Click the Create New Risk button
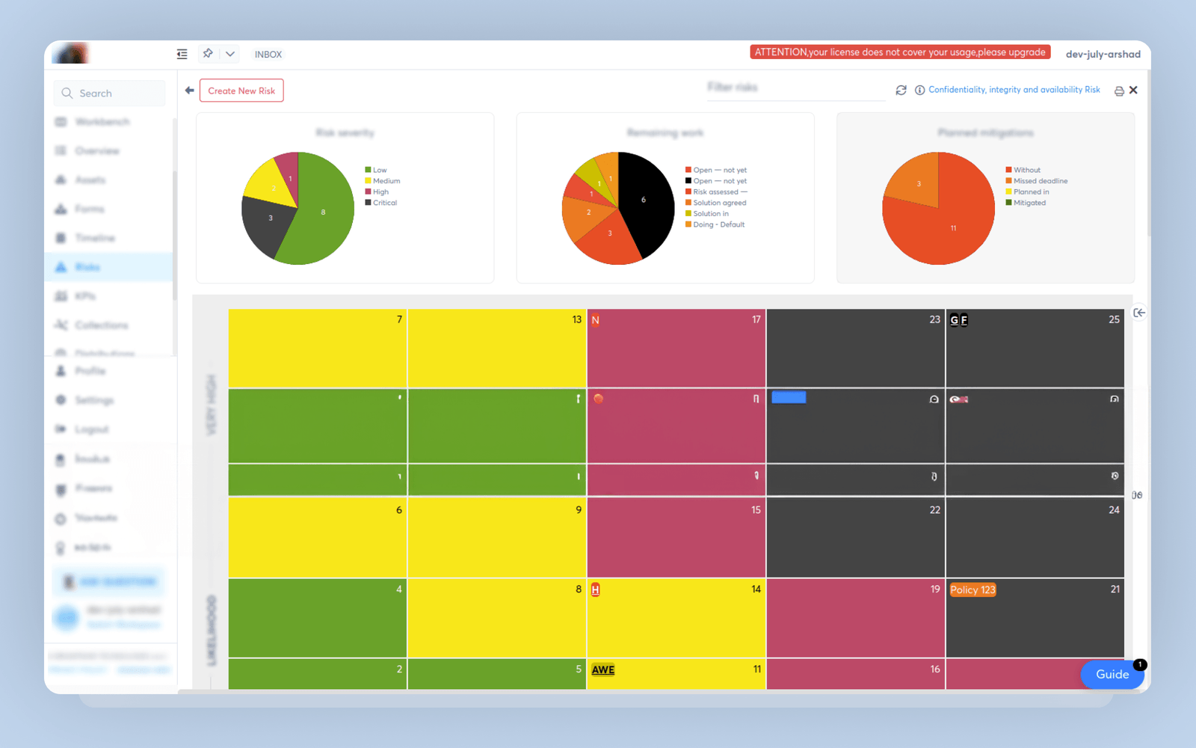[x=241, y=91]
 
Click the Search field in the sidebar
[x=109, y=93]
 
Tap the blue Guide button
[x=1112, y=674]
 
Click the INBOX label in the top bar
[x=268, y=55]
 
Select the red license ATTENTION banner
[x=900, y=52]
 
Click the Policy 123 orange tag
[x=972, y=589]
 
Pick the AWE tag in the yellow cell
[x=602, y=669]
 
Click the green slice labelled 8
[x=323, y=212]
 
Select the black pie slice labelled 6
[x=644, y=200]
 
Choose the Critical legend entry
[x=384, y=203]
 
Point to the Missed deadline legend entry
[x=1040, y=181]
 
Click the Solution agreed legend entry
[x=718, y=203]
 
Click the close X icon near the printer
[x=1133, y=90]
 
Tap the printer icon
[x=1119, y=91]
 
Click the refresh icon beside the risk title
[x=901, y=90]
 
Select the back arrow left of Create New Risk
[x=189, y=91]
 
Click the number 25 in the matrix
[x=1114, y=319]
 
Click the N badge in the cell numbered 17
[x=595, y=320]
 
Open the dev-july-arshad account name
[x=1103, y=54]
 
